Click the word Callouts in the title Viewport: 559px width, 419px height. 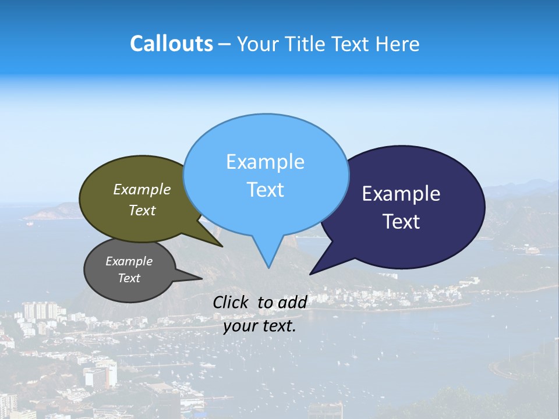tap(171, 44)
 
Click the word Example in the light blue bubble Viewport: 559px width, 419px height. tap(265, 162)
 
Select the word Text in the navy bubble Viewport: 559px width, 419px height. tap(402, 222)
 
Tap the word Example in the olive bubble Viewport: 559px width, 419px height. tap(142, 190)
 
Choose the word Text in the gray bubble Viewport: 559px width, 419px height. tap(129, 278)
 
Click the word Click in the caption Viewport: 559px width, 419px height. tap(231, 302)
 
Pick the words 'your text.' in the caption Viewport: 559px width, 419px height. tap(260, 326)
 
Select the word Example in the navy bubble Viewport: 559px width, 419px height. tap(401, 194)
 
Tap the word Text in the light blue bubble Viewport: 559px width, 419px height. tap(266, 190)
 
